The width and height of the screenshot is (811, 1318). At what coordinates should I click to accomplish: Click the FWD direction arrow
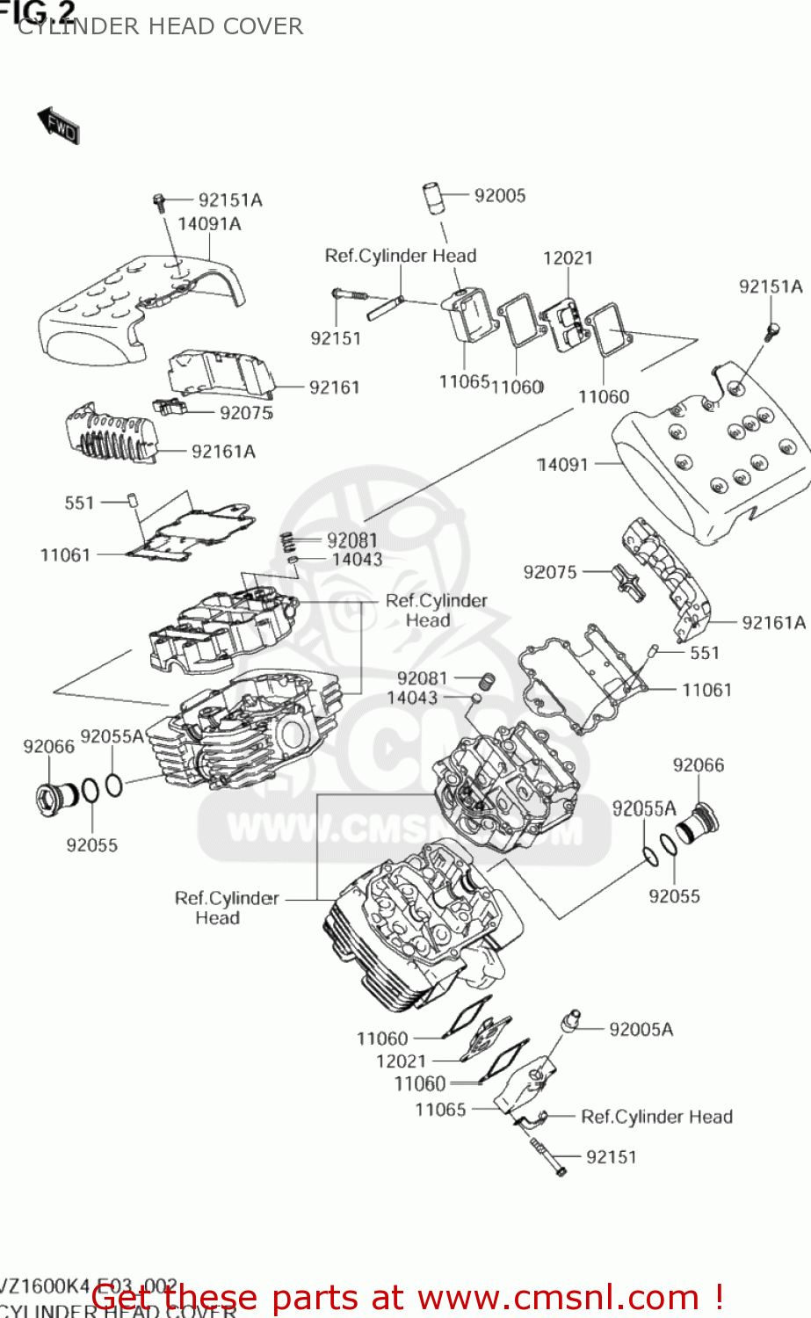click(x=58, y=126)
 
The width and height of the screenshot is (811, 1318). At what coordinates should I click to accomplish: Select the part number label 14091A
click(x=209, y=224)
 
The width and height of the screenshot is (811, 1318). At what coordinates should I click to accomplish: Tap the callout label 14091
click(x=562, y=464)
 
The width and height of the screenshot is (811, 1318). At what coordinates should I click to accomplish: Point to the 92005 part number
click(x=499, y=195)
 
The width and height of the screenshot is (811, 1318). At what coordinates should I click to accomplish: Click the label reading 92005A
click(x=641, y=1029)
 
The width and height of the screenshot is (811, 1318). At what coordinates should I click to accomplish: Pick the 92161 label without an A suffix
click(x=334, y=387)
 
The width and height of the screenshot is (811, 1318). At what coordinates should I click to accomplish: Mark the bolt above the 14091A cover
click(x=160, y=202)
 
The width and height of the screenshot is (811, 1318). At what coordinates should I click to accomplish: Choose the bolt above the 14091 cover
click(x=772, y=331)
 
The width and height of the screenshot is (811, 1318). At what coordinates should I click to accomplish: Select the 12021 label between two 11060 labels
click(x=401, y=1061)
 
